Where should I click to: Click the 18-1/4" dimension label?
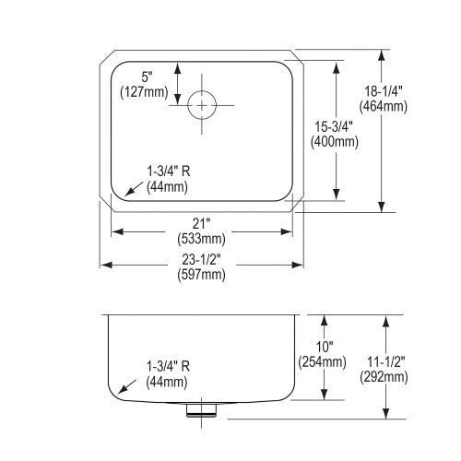tap(384, 91)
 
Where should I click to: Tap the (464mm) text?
tap(384, 106)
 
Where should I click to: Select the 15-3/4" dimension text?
tap(334, 126)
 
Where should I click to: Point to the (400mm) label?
tap(334, 142)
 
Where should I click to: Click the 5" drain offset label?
tap(147, 77)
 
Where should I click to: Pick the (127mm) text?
tap(144, 92)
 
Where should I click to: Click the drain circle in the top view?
tap(202, 90)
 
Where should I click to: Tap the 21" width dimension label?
tap(201, 224)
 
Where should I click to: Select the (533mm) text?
tap(201, 239)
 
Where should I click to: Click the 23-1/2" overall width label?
tap(201, 260)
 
